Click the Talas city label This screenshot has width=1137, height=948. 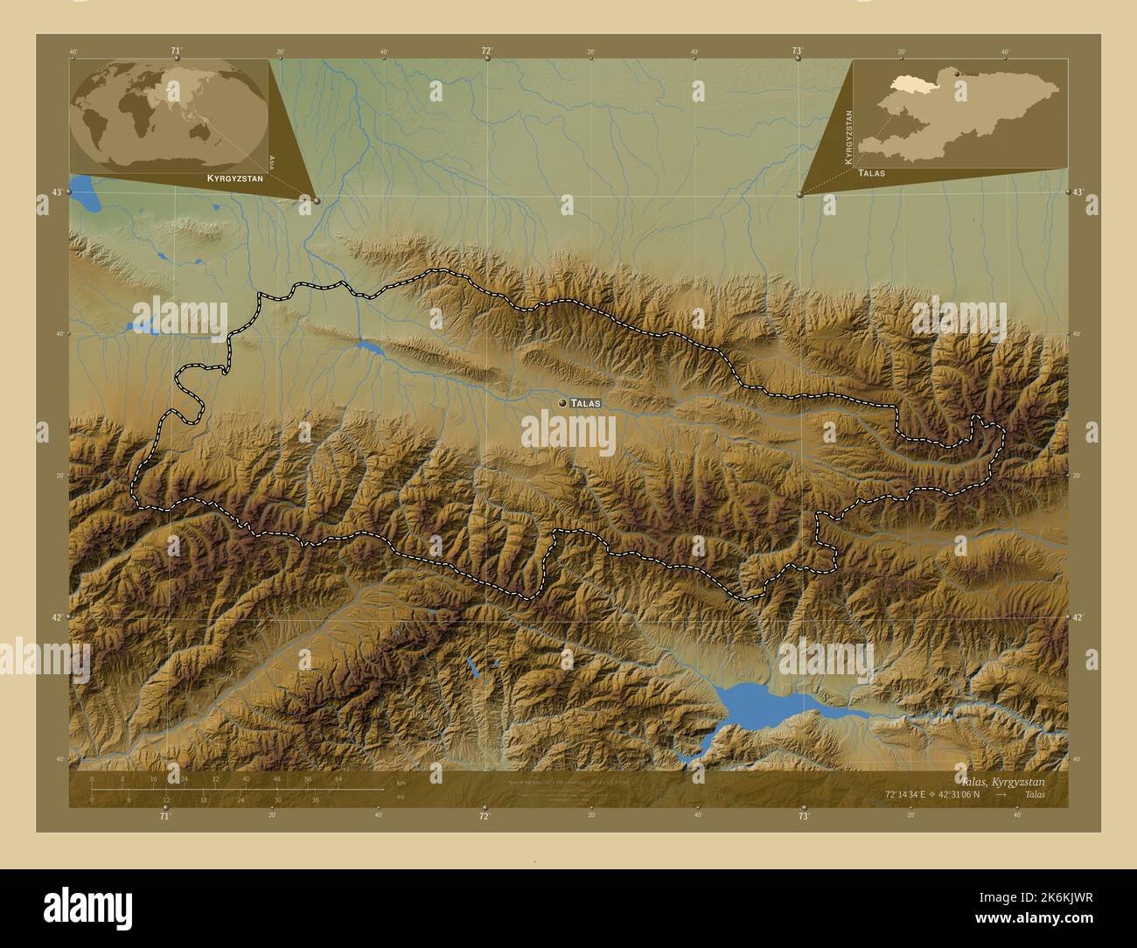pos(585,403)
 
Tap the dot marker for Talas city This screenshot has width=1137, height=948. pos(562,403)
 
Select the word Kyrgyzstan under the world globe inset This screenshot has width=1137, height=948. pos(234,178)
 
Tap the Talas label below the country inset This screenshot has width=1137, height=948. pos(871,173)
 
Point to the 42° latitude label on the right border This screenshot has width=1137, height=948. pos(1078,617)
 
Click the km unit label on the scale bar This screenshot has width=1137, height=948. pos(401,782)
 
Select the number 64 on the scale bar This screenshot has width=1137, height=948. pos(338,778)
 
